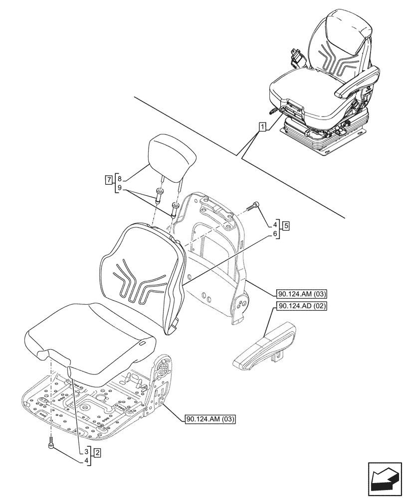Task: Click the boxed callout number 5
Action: pyautogui.click(x=286, y=225)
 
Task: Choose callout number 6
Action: pyautogui.click(x=275, y=233)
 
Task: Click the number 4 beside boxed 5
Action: pyautogui.click(x=275, y=225)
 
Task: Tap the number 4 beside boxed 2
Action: pyautogui.click(x=87, y=461)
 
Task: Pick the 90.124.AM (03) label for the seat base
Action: pyautogui.click(x=209, y=419)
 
